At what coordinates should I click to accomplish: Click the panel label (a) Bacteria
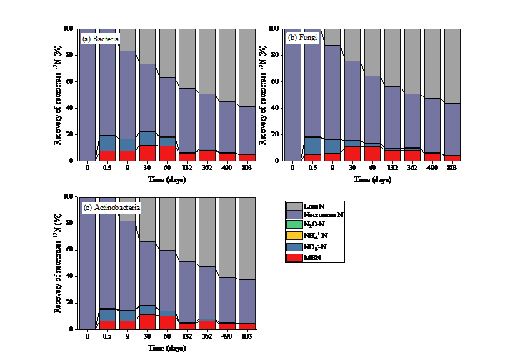[x=101, y=38]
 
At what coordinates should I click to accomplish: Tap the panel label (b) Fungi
[x=303, y=36]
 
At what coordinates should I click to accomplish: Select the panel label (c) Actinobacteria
[x=112, y=207]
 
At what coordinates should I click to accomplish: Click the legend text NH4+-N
[x=320, y=235]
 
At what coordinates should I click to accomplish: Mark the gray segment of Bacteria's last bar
[x=246, y=68]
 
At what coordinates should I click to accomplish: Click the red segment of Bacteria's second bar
[x=107, y=156]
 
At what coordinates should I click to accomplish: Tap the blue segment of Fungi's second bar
[x=312, y=146]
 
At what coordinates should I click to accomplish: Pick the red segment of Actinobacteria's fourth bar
[x=147, y=321]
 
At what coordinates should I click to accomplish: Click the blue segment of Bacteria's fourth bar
[x=147, y=138]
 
